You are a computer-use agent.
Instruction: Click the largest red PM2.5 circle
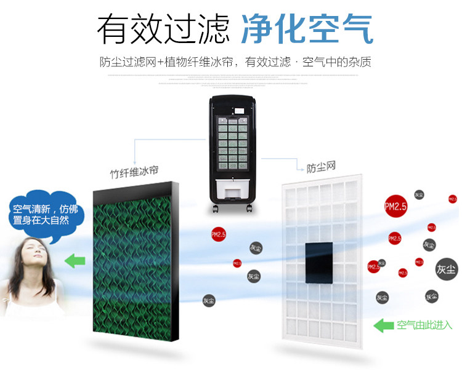click(395, 207)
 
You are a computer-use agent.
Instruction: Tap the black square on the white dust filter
click(319, 262)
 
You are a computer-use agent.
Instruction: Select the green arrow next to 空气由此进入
click(384, 325)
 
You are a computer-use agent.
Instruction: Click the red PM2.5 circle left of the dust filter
click(218, 234)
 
